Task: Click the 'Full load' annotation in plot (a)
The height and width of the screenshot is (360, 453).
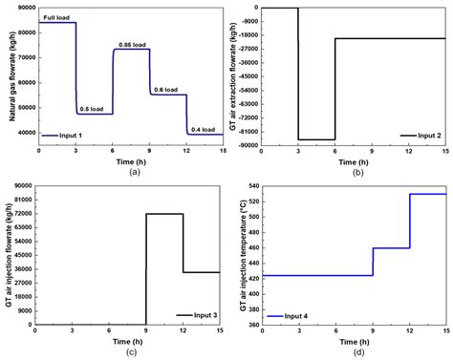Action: pos(55,17)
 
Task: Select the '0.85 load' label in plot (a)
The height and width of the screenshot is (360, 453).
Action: pos(132,44)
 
